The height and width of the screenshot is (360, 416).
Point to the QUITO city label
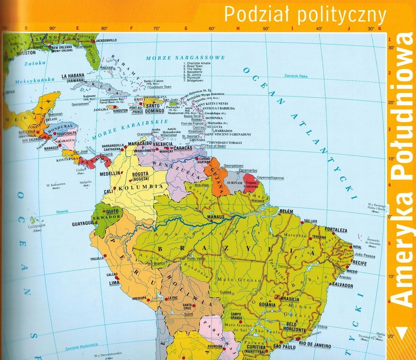coord(112,211)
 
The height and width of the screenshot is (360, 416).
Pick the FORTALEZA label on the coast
coord(336,230)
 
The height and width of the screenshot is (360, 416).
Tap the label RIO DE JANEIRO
coord(315,346)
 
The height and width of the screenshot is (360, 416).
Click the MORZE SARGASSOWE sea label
coord(185,58)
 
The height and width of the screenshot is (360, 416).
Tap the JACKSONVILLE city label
coord(109,40)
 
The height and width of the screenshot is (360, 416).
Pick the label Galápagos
coord(37,226)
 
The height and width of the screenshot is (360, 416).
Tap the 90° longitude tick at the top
coord(53,28)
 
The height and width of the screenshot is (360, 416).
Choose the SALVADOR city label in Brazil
coord(342,285)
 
